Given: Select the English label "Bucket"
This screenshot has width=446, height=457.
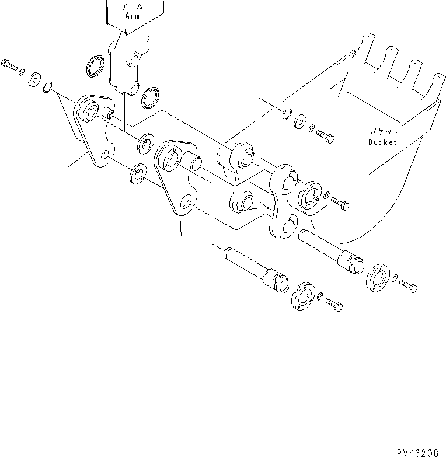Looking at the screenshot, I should pyautogui.click(x=382, y=142).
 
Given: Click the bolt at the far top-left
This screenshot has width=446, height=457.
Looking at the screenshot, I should pyautogui.click(x=9, y=64).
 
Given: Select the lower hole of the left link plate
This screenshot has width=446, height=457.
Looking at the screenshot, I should pyautogui.click(x=104, y=155).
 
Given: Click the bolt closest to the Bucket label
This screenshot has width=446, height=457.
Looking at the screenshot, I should pyautogui.click(x=326, y=135).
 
